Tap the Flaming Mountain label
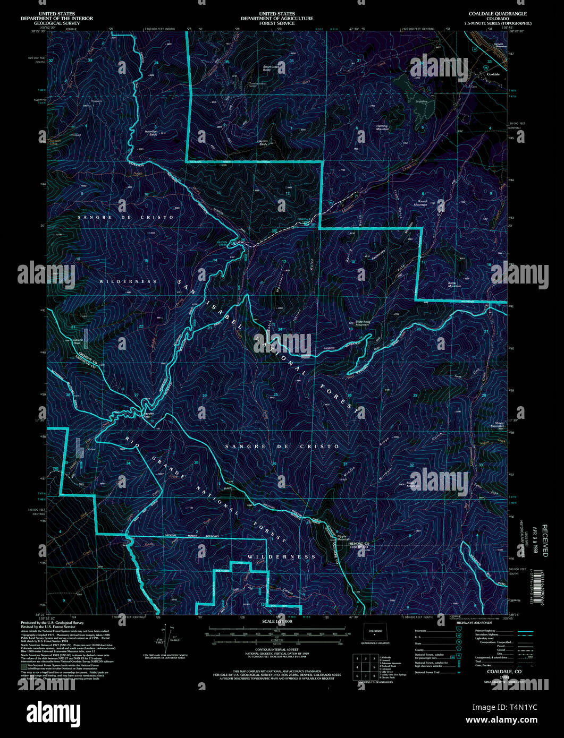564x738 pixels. (x=382, y=127)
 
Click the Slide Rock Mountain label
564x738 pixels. (x=362, y=323)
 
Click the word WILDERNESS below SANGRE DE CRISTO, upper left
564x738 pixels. (x=128, y=281)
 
